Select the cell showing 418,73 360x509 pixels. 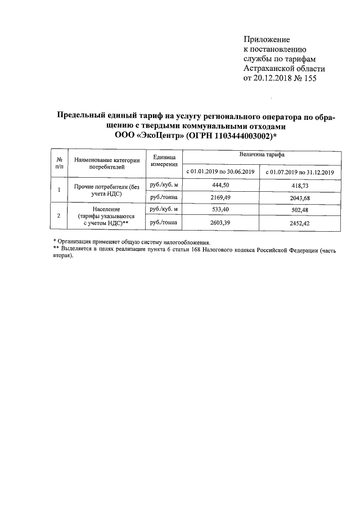click(x=300, y=185)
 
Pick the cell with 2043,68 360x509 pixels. click(x=300, y=197)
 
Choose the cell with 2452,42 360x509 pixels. click(x=300, y=223)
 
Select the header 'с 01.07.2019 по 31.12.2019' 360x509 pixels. click(x=300, y=172)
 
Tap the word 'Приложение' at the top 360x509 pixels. click(x=267, y=40)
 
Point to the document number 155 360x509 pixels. click(x=309, y=78)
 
